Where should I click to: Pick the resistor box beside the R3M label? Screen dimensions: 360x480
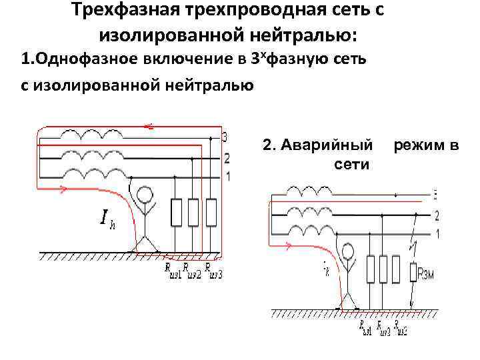[413, 271]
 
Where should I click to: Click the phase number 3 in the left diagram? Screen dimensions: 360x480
[225, 138]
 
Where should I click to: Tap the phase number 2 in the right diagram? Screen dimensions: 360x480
[437, 215]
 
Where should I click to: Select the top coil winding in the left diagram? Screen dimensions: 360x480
[86, 134]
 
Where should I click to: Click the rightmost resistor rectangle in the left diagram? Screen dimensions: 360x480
[211, 213]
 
